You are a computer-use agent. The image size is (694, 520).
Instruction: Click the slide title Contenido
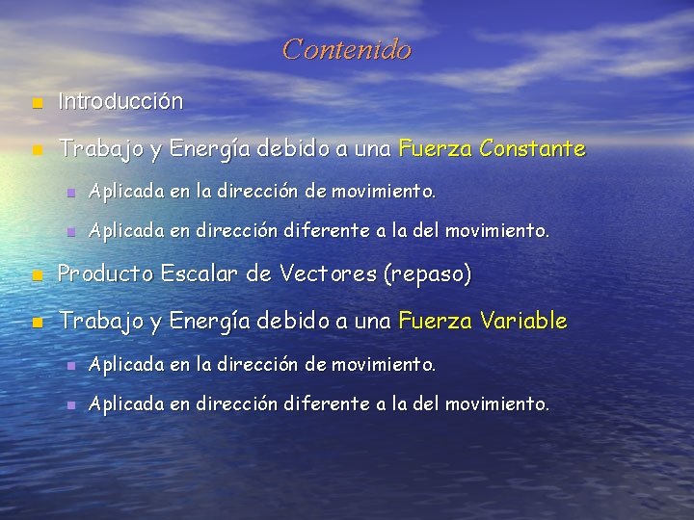(x=347, y=49)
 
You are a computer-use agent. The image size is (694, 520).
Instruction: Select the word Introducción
(x=120, y=100)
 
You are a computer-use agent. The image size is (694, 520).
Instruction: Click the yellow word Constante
(x=532, y=149)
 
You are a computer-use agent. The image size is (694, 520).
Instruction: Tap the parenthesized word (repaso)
(x=428, y=275)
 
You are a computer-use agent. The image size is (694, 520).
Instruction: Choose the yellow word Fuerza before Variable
(x=435, y=321)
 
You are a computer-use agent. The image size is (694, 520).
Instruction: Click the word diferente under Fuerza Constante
(x=327, y=231)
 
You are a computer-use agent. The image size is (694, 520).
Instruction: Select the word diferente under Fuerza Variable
(x=327, y=403)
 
